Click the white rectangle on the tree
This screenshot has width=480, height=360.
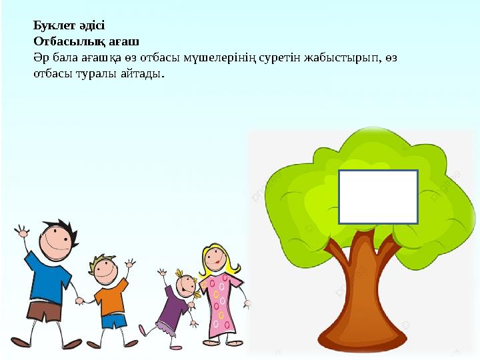378,197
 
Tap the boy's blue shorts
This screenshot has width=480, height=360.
113,321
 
